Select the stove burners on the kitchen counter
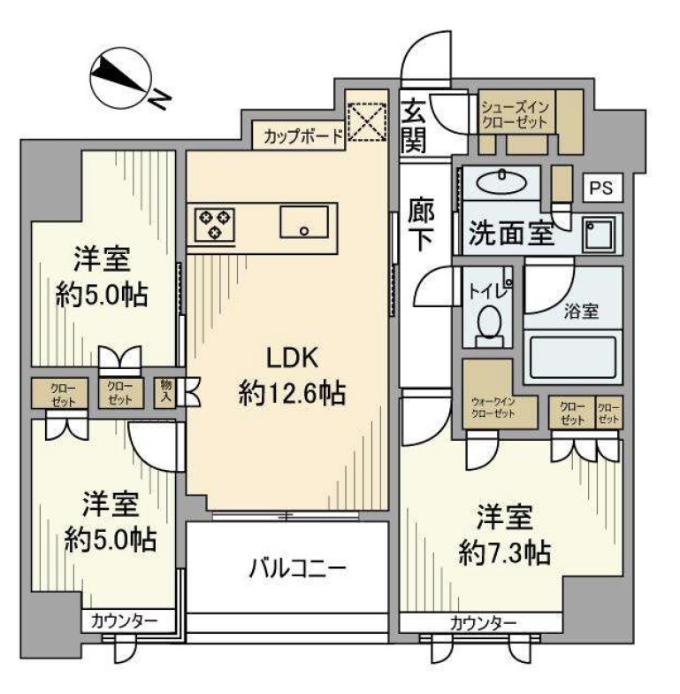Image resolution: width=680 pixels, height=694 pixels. (x=212, y=223)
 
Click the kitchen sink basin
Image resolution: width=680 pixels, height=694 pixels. (x=304, y=221)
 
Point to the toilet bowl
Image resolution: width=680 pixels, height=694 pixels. (x=488, y=324)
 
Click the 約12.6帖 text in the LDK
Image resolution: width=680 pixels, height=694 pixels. (x=291, y=393)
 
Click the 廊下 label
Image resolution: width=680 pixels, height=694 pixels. (x=420, y=225)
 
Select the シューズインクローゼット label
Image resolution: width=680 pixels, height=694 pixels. (x=516, y=115)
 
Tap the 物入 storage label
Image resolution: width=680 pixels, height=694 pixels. (x=165, y=390)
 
